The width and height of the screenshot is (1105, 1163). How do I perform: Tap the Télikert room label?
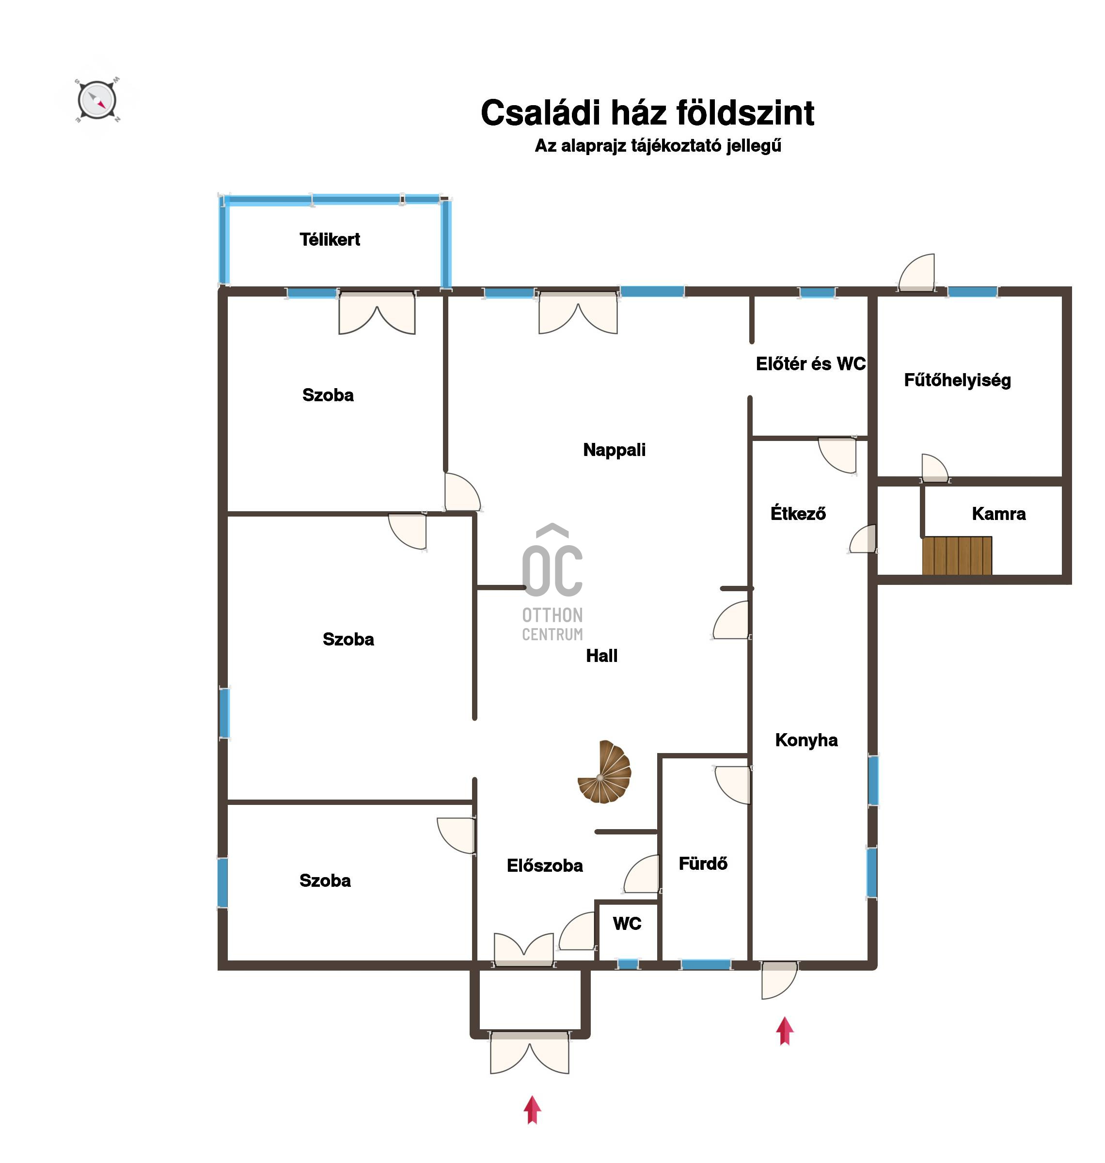330,240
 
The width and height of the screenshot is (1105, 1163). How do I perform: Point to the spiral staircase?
605,772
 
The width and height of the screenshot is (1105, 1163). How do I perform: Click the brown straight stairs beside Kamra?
957,555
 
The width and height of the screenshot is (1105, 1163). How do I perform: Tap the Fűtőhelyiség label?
958,380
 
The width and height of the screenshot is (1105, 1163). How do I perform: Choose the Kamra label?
999,514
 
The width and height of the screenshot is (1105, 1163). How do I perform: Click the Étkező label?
798,514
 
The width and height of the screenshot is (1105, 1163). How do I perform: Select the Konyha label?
806,740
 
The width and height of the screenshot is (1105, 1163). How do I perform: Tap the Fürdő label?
703,864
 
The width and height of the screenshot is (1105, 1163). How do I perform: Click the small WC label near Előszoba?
627,924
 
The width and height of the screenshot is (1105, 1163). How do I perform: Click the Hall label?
602,656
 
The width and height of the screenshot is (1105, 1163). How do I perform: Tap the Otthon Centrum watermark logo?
552,582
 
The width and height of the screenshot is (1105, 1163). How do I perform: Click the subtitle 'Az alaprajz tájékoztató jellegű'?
658,146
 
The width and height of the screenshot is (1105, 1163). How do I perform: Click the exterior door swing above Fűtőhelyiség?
916,273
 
